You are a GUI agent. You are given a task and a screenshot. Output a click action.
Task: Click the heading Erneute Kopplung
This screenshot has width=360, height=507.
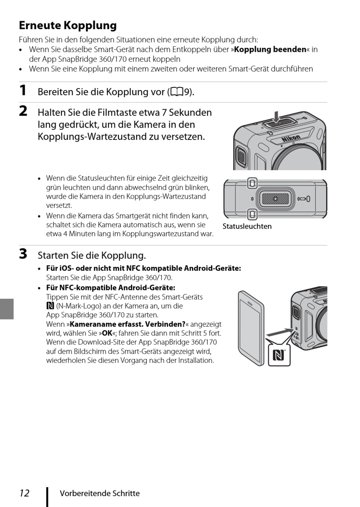[x=68, y=25]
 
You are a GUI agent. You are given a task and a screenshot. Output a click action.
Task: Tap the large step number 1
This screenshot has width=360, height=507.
[x=23, y=90]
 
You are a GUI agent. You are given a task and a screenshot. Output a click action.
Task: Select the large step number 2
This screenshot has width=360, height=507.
[x=23, y=111]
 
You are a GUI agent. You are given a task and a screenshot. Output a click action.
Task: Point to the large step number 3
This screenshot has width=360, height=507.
[x=23, y=254]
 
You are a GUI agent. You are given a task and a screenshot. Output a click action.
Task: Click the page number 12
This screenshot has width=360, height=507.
[x=24, y=493]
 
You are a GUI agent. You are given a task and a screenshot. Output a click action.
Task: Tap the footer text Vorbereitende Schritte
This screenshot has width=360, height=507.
[x=100, y=493]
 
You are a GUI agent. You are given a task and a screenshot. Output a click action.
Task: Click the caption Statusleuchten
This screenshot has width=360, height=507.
[x=247, y=226]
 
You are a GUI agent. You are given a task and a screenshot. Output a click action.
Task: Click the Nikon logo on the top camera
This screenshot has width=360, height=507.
[x=291, y=139]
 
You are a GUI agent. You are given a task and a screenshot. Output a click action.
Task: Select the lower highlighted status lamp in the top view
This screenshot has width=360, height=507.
[x=252, y=214]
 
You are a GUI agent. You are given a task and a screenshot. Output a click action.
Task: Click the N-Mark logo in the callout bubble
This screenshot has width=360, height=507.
[x=279, y=356]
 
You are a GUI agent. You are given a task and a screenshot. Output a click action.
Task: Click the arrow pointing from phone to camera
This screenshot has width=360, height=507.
[x=280, y=332]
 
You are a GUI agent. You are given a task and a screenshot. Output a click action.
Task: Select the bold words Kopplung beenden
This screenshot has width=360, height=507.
[x=270, y=50]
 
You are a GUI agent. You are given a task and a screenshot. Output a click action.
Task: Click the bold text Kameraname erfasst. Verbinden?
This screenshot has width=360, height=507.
[x=127, y=324]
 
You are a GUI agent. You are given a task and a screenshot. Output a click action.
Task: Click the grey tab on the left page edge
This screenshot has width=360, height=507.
[x=7, y=309]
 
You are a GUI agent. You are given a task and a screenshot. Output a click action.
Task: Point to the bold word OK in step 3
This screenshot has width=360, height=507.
[x=107, y=334]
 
